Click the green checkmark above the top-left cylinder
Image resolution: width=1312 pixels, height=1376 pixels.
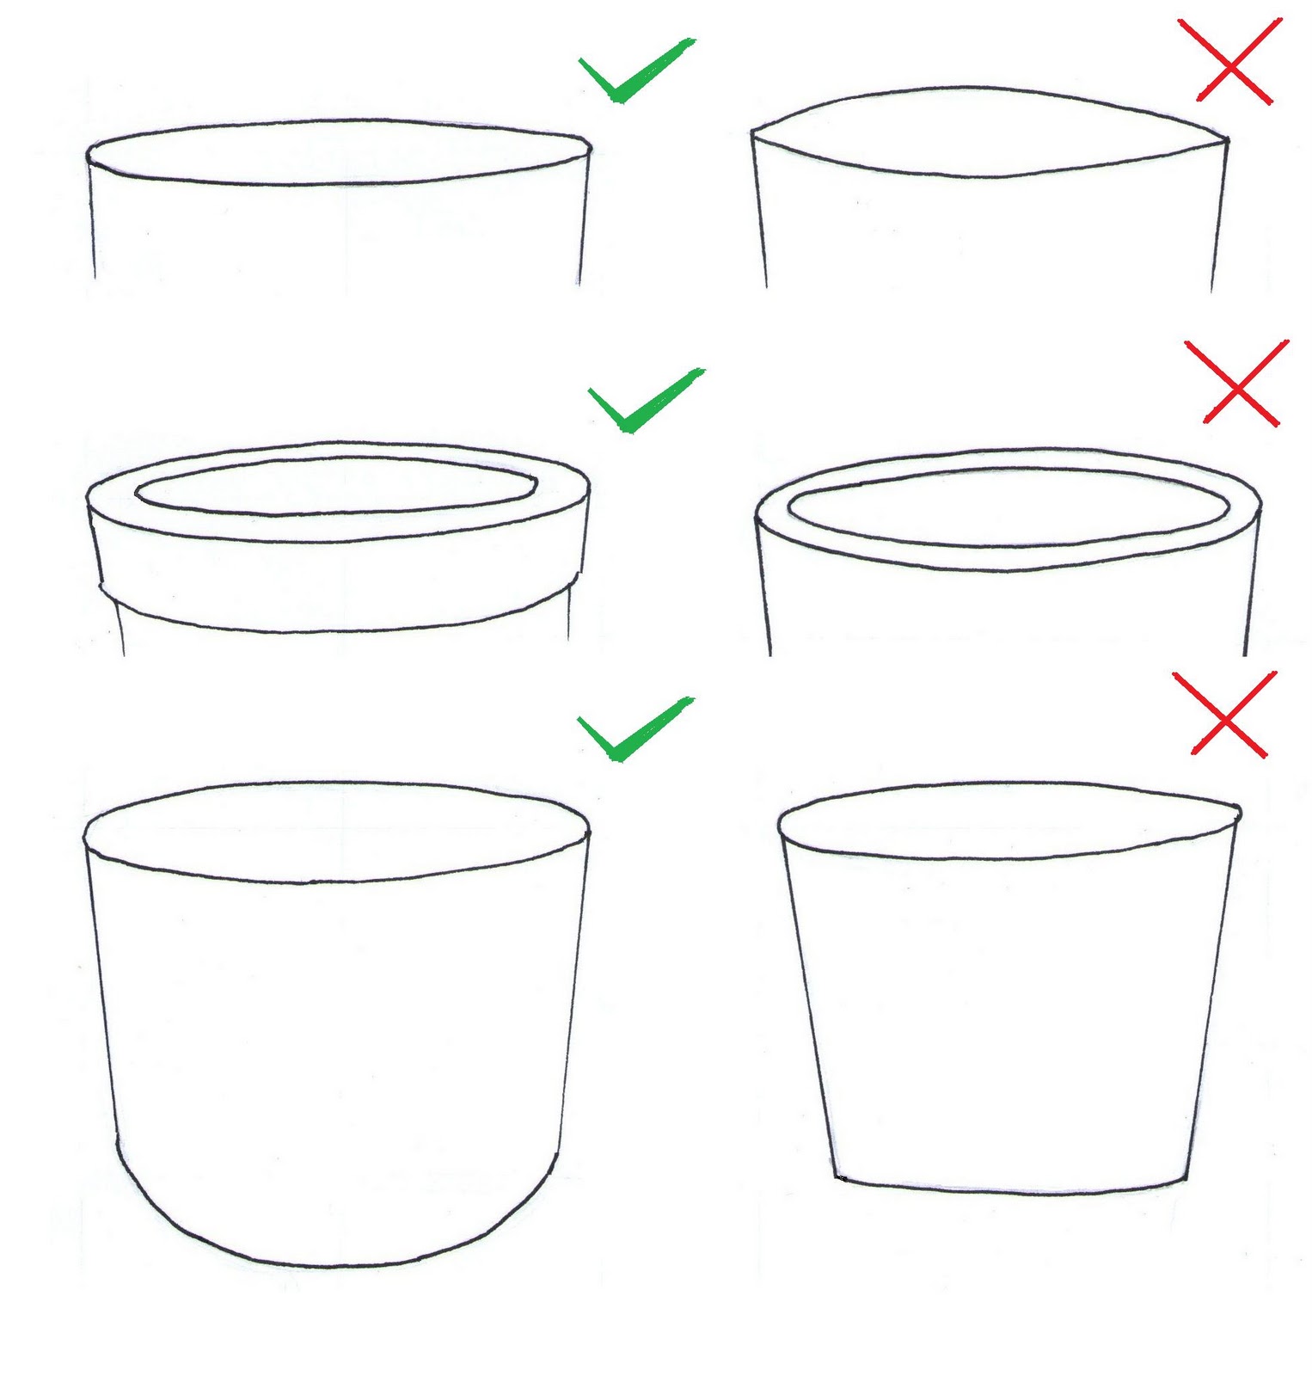[x=634, y=74]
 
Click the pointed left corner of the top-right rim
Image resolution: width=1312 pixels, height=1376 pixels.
[x=754, y=132]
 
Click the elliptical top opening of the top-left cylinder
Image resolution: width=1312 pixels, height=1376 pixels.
[x=338, y=152]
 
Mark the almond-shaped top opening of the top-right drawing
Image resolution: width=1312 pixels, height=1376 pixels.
[x=989, y=131]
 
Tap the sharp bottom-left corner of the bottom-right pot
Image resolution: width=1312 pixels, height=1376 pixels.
[x=837, y=1176]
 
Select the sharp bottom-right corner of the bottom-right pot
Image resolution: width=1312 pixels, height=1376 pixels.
[x=1187, y=1179]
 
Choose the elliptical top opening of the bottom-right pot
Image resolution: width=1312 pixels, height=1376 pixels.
[x=1008, y=820]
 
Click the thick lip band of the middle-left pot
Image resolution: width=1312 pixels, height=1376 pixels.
[x=335, y=585]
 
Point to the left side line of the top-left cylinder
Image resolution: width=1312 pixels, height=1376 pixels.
[x=92, y=224]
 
